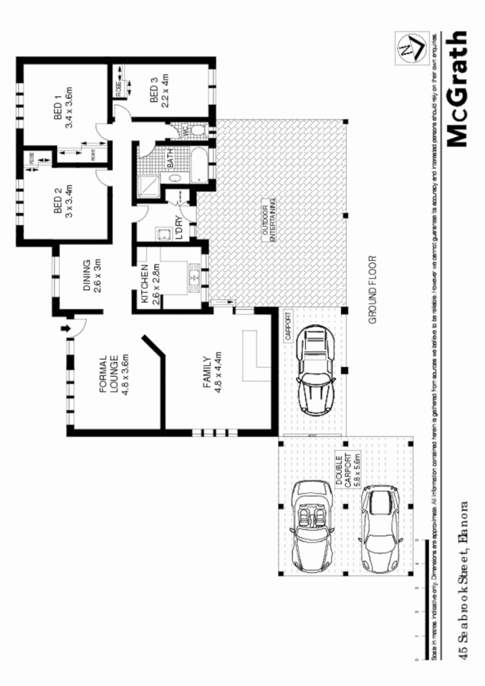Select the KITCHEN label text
click(145, 284)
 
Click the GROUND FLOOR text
click(374, 289)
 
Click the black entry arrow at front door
click(67, 329)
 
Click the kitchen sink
click(195, 278)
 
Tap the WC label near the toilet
click(183, 128)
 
